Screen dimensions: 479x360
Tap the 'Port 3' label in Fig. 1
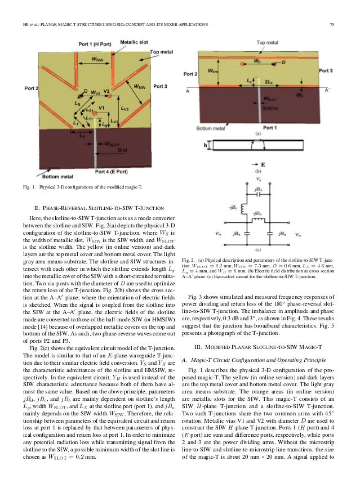[159, 87]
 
